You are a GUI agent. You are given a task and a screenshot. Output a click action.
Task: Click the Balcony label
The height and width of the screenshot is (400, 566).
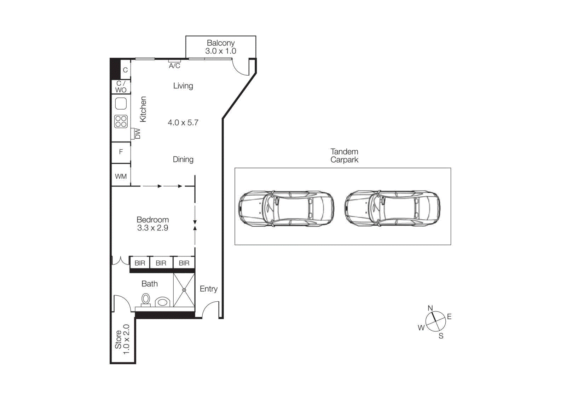[220, 43]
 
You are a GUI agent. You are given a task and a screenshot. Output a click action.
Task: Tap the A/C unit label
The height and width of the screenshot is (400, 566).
[174, 66]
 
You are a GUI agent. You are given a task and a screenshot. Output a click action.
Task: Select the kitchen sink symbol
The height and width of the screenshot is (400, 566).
[121, 104]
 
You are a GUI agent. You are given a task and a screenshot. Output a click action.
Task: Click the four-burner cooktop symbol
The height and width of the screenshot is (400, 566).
[121, 121]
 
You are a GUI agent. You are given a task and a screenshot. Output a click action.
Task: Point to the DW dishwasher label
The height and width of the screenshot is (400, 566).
[138, 134]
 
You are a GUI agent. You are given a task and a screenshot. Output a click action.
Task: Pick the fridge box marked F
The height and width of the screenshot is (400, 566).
[121, 152]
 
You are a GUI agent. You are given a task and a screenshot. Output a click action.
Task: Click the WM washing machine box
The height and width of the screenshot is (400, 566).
[121, 176]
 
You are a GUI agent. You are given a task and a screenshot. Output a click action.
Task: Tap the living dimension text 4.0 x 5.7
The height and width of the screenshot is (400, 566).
[183, 123]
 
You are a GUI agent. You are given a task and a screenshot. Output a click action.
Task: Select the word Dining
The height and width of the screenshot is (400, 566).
[183, 160]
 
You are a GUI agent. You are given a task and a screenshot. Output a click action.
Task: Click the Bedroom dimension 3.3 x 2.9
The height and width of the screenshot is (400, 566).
[152, 228]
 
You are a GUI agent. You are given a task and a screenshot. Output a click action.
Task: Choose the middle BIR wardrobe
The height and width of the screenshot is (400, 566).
[161, 263]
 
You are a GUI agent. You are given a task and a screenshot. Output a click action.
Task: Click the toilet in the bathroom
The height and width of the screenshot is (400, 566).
[145, 300]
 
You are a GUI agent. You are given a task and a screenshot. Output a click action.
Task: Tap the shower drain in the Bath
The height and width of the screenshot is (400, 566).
[184, 290]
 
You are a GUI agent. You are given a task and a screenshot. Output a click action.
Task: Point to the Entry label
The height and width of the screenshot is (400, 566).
[208, 289]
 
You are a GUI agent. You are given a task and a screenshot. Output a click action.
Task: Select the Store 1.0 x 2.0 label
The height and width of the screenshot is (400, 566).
[122, 340]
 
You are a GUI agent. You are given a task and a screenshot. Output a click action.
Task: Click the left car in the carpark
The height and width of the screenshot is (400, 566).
[286, 208]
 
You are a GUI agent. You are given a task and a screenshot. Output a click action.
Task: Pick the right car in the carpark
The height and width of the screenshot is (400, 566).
[392, 208]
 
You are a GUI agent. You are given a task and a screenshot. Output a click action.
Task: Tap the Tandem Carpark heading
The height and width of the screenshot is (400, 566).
[344, 156]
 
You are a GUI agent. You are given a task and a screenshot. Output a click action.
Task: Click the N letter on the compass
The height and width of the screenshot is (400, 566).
[430, 308]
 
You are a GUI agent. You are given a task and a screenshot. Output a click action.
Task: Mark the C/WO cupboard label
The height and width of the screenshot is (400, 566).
[121, 87]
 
